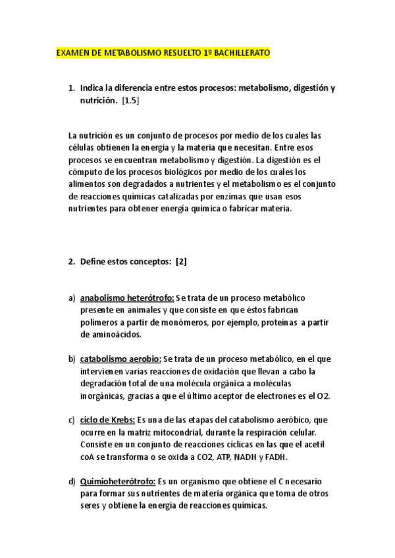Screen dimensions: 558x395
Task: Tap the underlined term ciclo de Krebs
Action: (x=107, y=419)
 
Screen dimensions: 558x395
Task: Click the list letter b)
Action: (x=72, y=359)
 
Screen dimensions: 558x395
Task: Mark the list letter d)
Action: (x=72, y=482)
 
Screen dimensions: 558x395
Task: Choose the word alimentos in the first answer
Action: (x=89, y=184)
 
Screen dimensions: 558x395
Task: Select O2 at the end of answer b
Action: (x=323, y=395)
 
